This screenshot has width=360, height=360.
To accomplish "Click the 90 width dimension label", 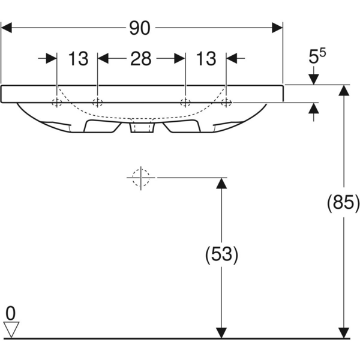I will [x=141, y=28].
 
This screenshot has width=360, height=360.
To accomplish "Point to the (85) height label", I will [x=343, y=203].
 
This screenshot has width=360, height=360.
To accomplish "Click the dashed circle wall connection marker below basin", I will [x=140, y=178].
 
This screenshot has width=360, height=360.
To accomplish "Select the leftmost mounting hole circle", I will [x=56, y=103].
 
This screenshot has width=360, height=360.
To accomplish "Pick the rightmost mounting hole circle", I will [x=226, y=103].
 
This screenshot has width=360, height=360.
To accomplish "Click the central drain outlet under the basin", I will [x=142, y=128].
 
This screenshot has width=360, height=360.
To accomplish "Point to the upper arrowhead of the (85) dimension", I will [x=344, y=91].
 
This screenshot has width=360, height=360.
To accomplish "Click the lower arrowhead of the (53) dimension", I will [x=221, y=332].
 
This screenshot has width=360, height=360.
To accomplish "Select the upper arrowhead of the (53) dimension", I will [x=221, y=184].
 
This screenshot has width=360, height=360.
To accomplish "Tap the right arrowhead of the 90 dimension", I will [x=277, y=28].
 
